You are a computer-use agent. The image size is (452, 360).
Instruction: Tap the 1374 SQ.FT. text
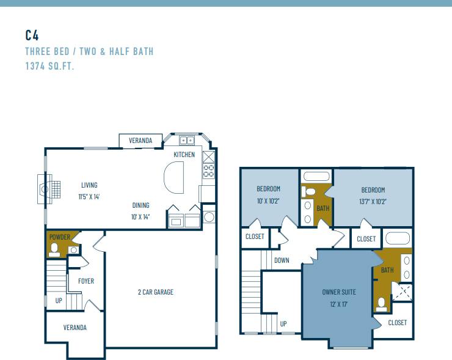[49, 65]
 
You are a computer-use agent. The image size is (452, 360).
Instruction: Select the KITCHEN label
[184, 155]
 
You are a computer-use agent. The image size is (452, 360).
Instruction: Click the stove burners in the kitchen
[208, 171]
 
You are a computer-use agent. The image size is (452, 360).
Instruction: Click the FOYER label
[86, 281]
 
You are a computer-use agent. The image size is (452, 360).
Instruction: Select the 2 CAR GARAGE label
[155, 292]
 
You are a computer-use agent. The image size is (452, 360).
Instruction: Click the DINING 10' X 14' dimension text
[140, 216]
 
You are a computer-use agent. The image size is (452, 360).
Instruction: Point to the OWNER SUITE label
[338, 292]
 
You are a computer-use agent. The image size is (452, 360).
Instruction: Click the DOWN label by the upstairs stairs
[282, 260]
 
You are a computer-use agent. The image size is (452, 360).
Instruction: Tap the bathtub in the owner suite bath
[398, 238]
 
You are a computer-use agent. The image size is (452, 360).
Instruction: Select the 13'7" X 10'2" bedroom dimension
[373, 200]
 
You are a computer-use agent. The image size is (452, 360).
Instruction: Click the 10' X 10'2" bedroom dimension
[268, 200]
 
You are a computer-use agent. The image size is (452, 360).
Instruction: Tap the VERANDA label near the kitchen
[140, 141]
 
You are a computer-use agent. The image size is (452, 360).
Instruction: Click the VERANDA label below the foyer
[75, 328]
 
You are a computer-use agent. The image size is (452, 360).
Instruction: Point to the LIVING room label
[89, 185]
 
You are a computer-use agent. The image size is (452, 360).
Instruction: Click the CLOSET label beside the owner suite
[397, 323]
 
